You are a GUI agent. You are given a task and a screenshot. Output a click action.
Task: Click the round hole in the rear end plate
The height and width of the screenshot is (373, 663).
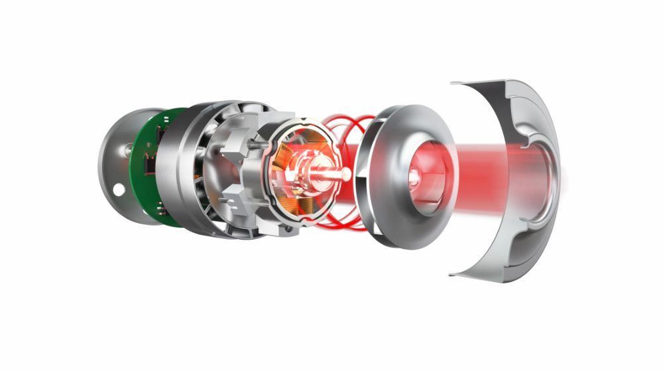119,190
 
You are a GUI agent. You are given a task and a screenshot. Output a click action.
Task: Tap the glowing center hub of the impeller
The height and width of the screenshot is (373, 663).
414,177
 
